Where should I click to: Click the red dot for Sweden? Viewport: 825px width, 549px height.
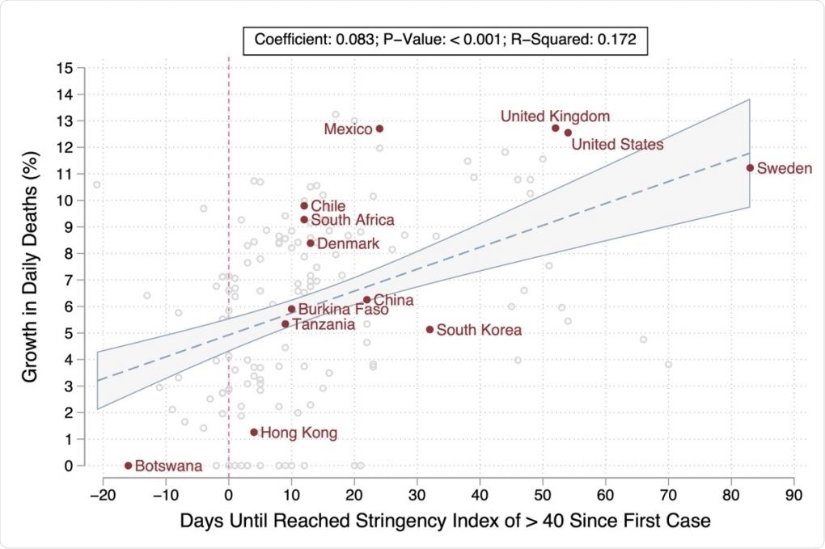[750, 167]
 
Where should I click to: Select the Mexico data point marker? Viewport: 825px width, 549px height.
[379, 129]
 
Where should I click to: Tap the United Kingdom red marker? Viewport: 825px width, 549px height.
[556, 128]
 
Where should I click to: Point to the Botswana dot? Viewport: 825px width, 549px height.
[128, 465]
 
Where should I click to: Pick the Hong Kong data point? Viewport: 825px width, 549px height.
[254, 433]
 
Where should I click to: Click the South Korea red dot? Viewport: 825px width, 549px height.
[429, 329]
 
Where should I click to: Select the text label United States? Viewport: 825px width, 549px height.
[617, 145]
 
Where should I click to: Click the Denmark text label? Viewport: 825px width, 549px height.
[348, 243]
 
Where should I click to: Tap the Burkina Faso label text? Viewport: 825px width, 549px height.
[343, 310]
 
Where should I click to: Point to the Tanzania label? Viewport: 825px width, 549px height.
[323, 324]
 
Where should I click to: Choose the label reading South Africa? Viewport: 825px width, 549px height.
[353, 220]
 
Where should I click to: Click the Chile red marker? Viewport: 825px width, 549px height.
[304, 205]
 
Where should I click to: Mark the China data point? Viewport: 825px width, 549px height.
[367, 300]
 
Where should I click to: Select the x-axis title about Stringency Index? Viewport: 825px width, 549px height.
[446, 521]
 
